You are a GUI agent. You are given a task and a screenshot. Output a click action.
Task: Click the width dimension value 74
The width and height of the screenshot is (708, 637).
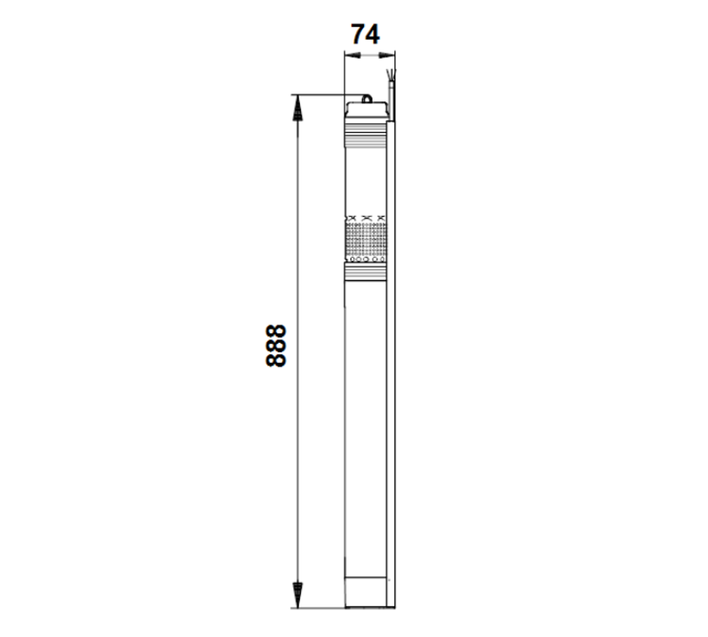(x=365, y=33)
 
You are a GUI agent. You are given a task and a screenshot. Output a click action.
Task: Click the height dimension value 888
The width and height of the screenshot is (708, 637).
(x=275, y=345)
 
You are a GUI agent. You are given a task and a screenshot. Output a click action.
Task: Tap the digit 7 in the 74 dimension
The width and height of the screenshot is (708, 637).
(x=358, y=33)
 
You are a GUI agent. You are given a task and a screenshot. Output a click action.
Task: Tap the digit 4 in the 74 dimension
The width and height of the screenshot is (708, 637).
(x=373, y=33)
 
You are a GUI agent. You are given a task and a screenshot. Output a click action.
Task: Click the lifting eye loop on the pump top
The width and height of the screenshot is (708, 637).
(x=367, y=99)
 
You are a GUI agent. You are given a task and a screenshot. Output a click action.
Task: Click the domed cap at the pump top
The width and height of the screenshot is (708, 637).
(x=366, y=110)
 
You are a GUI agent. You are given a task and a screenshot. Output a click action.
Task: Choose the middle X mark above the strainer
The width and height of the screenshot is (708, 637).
(x=365, y=217)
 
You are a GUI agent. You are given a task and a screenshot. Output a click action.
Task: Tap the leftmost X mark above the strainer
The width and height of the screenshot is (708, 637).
(x=349, y=217)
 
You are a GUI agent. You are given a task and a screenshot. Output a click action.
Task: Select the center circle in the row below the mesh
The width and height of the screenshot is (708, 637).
(x=365, y=259)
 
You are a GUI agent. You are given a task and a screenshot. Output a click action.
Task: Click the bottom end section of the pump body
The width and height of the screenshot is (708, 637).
(x=365, y=592)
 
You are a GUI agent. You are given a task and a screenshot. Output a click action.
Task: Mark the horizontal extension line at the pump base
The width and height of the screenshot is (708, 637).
(x=319, y=608)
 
